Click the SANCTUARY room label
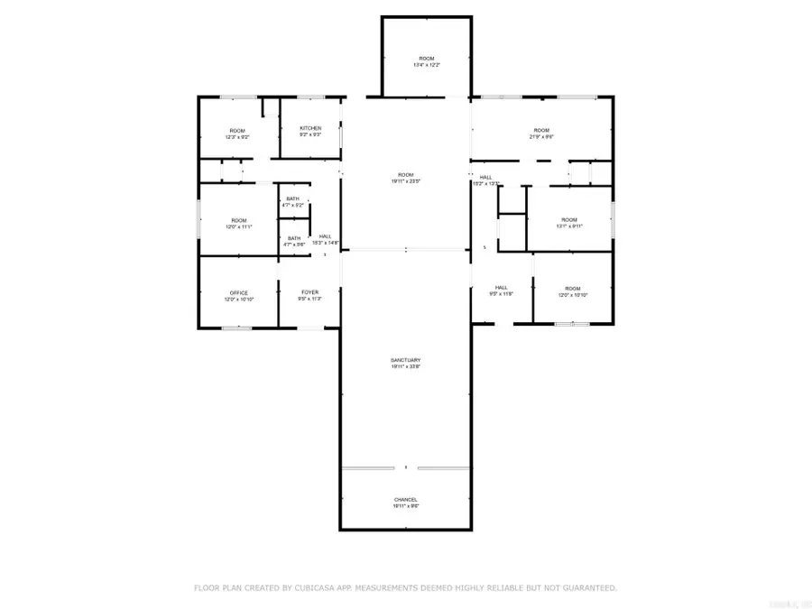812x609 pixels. [406, 361]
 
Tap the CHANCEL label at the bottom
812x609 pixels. [406, 499]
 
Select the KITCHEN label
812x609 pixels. [310, 129]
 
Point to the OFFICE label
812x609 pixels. [238, 293]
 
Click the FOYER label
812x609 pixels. [309, 292]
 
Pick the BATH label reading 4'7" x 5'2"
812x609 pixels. [292, 198]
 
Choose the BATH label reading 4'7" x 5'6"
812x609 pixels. [294, 238]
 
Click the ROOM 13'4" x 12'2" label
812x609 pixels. [426, 58]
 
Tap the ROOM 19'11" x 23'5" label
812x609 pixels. [406, 174]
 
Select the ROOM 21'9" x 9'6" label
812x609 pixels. [541, 130]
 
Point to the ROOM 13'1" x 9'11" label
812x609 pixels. [568, 219]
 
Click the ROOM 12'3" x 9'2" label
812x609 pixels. [237, 131]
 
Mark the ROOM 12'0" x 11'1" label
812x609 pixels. [238, 220]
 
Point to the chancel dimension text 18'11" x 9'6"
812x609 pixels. [406, 506]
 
